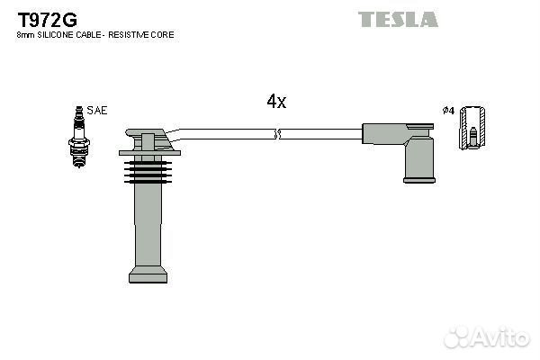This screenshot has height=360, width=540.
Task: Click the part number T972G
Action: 48,20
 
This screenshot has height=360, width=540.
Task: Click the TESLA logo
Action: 398,19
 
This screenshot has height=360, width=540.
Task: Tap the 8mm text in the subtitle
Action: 26,35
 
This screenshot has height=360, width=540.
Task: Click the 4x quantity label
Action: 276,102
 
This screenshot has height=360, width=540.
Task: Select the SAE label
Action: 97,110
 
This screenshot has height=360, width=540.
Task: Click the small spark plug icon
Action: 79,137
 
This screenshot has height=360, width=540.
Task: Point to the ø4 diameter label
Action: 448,111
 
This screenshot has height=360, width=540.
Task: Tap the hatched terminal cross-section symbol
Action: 473,128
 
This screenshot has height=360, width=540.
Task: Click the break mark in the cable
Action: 277,134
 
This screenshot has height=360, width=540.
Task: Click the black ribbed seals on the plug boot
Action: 148,172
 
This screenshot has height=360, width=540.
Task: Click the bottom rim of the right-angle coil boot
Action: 419,179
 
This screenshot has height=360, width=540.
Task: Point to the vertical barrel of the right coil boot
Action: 419,157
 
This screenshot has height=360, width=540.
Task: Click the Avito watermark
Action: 486,337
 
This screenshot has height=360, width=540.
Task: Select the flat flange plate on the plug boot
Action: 149,153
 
